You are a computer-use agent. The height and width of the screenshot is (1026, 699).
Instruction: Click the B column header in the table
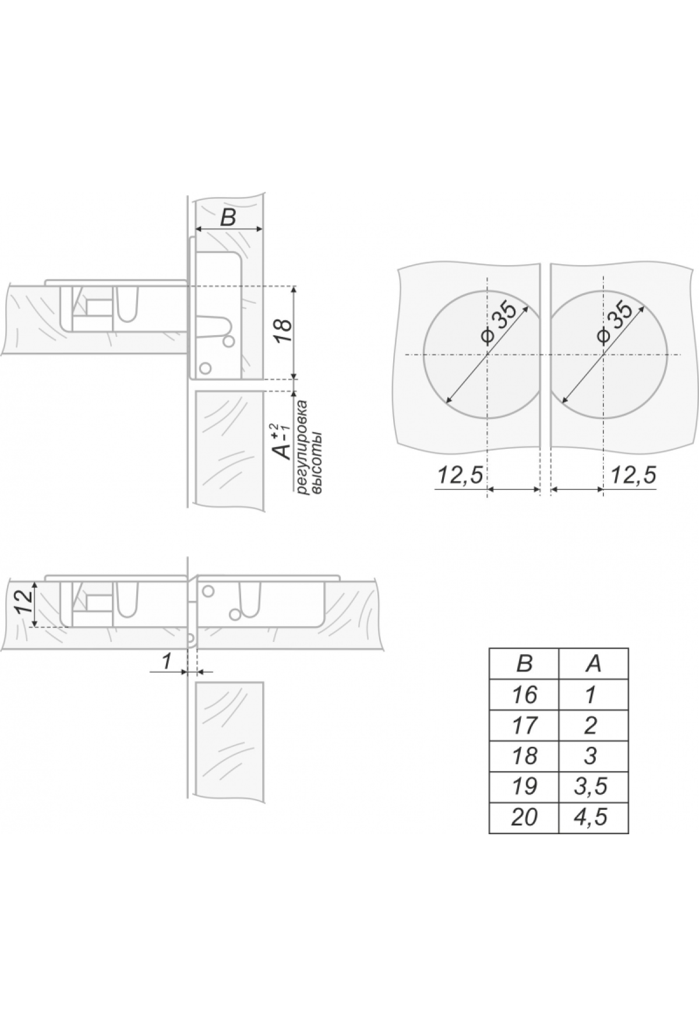(x=524, y=663)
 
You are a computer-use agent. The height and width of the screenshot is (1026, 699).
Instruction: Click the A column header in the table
(x=594, y=663)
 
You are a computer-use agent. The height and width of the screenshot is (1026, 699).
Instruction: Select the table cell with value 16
(x=524, y=694)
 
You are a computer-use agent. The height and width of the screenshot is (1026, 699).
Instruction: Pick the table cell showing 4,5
(x=594, y=817)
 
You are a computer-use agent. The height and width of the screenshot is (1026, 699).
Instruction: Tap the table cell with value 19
(x=524, y=786)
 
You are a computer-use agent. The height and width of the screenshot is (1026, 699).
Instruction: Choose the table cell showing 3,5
(x=594, y=786)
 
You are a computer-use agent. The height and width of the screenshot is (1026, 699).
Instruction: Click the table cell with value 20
(x=524, y=817)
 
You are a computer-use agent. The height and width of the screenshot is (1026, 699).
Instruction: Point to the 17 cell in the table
(x=524, y=725)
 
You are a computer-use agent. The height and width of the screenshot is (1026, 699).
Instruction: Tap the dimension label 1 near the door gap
(x=166, y=661)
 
